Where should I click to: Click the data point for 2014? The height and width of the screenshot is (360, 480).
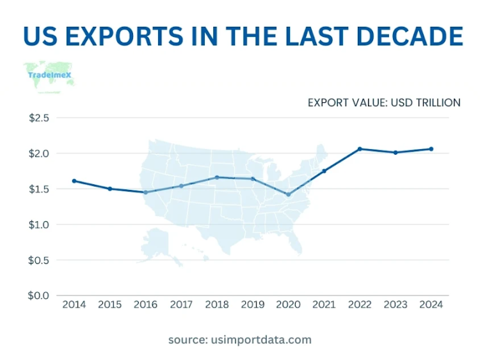pyautogui.click(x=74, y=181)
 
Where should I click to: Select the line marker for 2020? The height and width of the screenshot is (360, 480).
pyautogui.click(x=288, y=194)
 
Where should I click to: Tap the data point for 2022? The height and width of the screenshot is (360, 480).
pyautogui.click(x=360, y=149)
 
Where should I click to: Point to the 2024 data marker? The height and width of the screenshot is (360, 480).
pyautogui.click(x=431, y=149)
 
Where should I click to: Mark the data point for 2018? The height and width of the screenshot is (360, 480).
pyautogui.click(x=217, y=177)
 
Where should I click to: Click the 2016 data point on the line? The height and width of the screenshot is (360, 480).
pyautogui.click(x=145, y=192)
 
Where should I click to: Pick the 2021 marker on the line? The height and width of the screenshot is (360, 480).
pyautogui.click(x=324, y=171)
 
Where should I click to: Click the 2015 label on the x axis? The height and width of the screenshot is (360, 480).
pyautogui.click(x=109, y=304)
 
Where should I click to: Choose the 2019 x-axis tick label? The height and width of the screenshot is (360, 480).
pyautogui.click(x=253, y=304)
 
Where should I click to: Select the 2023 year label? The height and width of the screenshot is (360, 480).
pyautogui.click(x=396, y=304)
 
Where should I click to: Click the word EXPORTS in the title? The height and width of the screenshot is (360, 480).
pyautogui.click(x=132, y=36)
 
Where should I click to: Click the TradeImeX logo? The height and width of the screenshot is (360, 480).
pyautogui.click(x=49, y=75)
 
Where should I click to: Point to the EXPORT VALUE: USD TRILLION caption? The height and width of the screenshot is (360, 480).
pyautogui.click(x=384, y=102)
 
